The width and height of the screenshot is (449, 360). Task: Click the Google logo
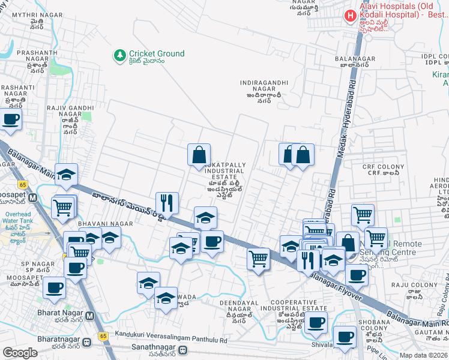pos(20,353)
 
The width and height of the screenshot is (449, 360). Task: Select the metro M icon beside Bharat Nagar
pos(90,316)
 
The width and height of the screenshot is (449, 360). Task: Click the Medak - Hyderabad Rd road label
pos(345,120)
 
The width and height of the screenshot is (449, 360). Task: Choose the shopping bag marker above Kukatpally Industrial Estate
pos(199,155)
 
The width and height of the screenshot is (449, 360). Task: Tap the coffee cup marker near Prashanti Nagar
pos(11,119)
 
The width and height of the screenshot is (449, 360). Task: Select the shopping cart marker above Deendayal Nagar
pos(258,259)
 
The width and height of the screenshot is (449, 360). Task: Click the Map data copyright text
pos(424,355)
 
